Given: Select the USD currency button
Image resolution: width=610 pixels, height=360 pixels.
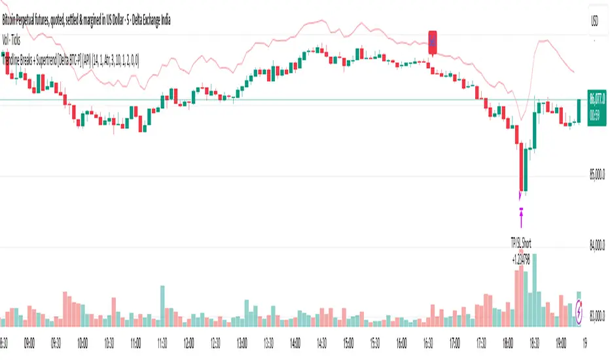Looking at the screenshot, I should (594, 19).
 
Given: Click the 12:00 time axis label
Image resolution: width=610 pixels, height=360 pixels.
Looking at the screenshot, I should (188, 342).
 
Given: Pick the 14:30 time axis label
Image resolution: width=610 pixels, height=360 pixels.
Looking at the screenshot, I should (321, 342).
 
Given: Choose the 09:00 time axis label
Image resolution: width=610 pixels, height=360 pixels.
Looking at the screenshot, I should (29, 342).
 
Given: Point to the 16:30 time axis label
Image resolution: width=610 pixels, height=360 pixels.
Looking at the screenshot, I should (427, 342).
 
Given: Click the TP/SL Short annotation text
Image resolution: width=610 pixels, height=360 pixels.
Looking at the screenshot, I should (521, 243).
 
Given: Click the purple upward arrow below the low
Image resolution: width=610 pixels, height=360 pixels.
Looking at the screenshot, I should (522, 213).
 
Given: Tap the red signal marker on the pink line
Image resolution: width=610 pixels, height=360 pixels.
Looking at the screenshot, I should (433, 41).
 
